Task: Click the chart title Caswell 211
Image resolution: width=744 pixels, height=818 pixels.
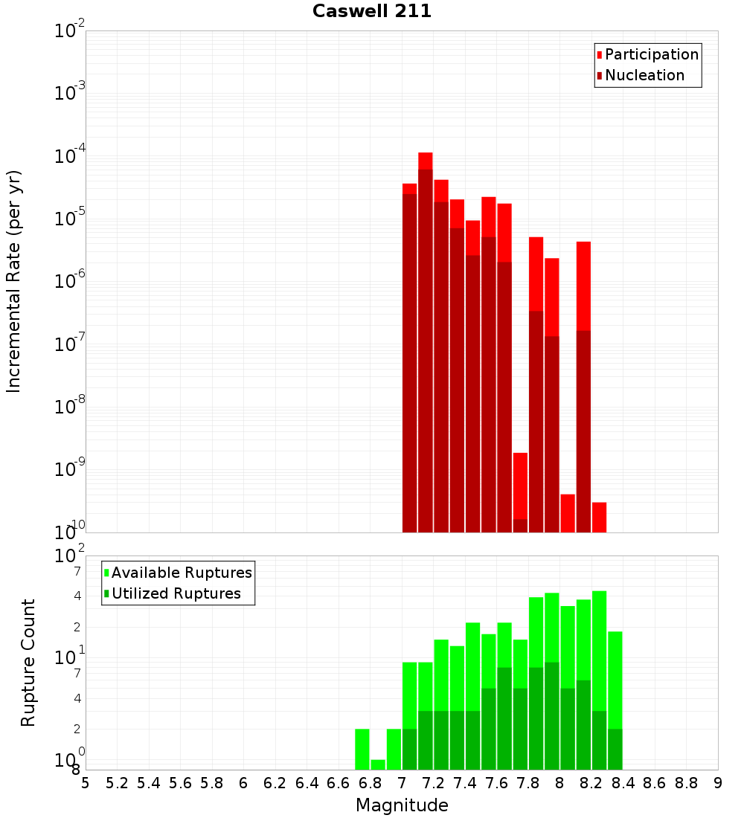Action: coord(372,12)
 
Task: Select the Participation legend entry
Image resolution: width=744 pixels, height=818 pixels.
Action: coord(652,54)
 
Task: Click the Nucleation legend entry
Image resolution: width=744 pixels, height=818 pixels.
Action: coord(644,75)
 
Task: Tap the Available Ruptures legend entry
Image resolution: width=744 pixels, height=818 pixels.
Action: coord(182,573)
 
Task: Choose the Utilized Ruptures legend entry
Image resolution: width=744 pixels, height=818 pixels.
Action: coord(176,593)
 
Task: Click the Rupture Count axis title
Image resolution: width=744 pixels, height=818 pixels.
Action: coord(28,663)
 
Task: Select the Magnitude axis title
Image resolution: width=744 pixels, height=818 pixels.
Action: coord(402,805)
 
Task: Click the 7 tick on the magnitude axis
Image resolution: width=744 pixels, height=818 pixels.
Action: coord(402,783)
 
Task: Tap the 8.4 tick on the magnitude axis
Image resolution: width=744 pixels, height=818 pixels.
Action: coord(623,783)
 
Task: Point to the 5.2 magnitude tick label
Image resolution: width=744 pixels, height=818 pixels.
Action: coord(117,783)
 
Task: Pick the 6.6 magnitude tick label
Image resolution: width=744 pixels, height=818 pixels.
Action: coord(339,783)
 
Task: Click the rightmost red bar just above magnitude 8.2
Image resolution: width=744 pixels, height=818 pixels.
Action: coord(599,518)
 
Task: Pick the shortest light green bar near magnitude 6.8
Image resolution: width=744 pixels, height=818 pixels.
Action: coord(378,764)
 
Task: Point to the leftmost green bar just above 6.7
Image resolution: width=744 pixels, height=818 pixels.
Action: coord(362,749)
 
